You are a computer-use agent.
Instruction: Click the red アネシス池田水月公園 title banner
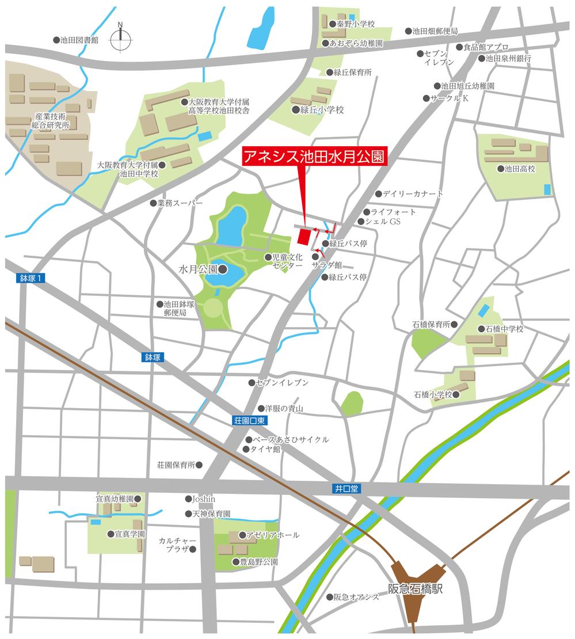tap(314, 157)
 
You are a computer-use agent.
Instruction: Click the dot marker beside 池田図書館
tap(56, 40)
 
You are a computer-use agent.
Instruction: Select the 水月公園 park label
tap(197, 269)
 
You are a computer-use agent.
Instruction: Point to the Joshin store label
tap(204, 499)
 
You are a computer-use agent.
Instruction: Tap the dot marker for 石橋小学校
tap(456, 395)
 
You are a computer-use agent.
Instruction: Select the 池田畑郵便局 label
tap(435, 31)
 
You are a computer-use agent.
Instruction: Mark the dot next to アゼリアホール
tap(242, 535)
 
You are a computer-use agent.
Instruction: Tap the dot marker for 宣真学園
tap(111, 534)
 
